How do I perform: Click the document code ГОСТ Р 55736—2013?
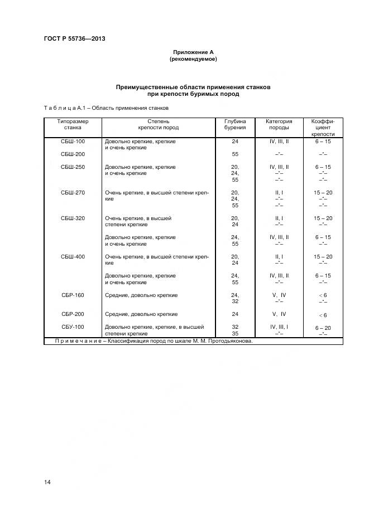tap(74, 38)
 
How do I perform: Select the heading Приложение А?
tap(193, 52)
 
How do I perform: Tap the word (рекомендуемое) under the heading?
tap(193, 59)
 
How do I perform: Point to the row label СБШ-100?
tap(73, 142)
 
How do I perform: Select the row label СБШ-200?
tap(73, 154)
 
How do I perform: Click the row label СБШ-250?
tap(73, 167)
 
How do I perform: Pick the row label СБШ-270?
tap(73, 192)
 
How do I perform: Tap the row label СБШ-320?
tap(73, 218)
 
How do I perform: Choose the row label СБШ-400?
tap(73, 256)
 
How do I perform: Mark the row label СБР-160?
tap(73, 295)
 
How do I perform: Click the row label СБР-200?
tap(73, 314)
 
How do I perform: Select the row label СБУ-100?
tap(73, 327)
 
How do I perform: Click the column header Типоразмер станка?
tap(73, 124)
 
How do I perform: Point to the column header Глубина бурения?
tap(235, 124)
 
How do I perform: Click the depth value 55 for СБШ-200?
tap(235, 154)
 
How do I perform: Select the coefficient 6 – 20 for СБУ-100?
tap(323, 328)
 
